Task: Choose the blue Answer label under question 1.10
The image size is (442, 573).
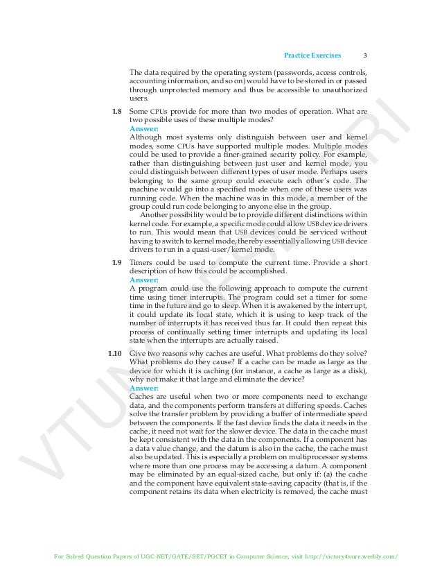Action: (144, 388)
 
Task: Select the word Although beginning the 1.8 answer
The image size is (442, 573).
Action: (146, 137)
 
